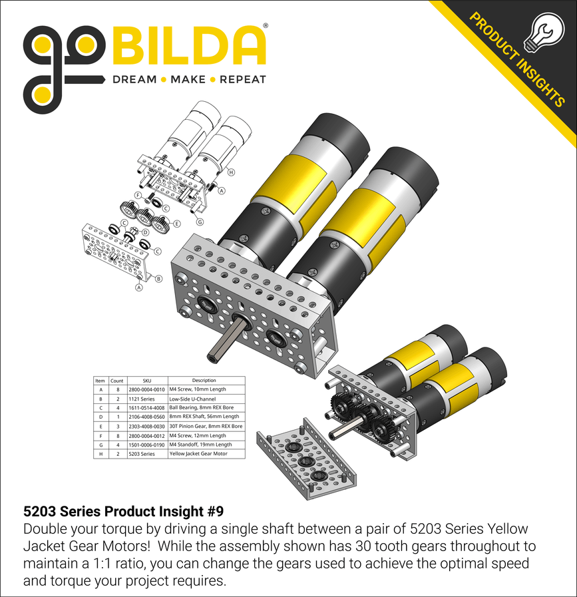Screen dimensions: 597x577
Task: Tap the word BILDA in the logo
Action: [190, 47]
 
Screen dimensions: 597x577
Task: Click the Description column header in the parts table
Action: [205, 381]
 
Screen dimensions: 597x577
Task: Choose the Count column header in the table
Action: [116, 381]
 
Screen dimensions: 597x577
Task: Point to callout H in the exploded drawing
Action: [231, 172]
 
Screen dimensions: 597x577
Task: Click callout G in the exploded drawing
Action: [200, 221]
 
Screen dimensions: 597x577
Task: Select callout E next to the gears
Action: [177, 223]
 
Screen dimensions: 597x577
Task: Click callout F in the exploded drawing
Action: [138, 196]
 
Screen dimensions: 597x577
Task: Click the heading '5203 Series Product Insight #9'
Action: [123, 512]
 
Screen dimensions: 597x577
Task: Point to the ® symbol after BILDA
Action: [266, 26]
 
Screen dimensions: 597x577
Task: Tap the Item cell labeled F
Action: [100, 435]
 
